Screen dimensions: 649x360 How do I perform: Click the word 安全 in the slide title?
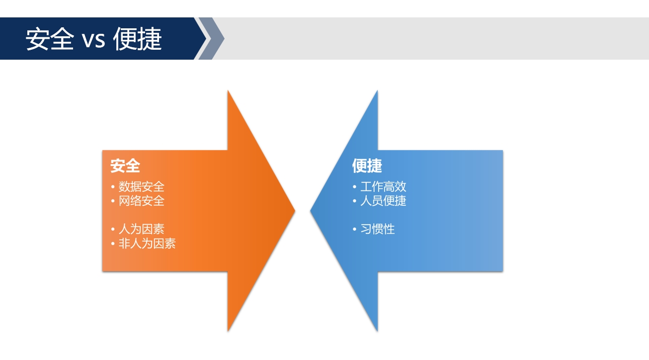(x=50, y=39)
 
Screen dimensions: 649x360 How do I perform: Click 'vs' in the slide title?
(x=93, y=40)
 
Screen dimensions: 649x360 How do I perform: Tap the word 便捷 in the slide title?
(x=137, y=39)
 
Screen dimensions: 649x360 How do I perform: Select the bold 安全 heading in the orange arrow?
(x=125, y=166)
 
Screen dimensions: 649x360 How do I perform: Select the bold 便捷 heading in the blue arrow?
(x=367, y=166)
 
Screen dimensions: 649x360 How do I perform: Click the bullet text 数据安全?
(x=142, y=186)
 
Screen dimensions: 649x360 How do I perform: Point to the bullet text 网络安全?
(x=142, y=200)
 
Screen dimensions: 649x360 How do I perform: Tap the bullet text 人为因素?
(x=142, y=229)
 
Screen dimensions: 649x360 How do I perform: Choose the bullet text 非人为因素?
(x=147, y=243)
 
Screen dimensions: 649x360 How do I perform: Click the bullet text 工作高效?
(x=383, y=186)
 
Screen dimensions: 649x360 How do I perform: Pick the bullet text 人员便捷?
(x=383, y=200)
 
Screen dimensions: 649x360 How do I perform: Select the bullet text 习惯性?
(x=378, y=229)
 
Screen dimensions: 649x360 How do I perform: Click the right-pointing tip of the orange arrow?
(x=295, y=211)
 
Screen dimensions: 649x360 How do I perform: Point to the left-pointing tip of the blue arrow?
(x=310, y=211)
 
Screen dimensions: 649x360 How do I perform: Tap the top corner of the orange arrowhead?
(x=228, y=90)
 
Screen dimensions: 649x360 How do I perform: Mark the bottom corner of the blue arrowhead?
(x=378, y=331)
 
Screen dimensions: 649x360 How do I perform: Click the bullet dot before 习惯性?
(x=355, y=229)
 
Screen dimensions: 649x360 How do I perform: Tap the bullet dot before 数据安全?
(x=113, y=186)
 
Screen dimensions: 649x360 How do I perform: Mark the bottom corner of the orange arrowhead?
(x=228, y=331)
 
